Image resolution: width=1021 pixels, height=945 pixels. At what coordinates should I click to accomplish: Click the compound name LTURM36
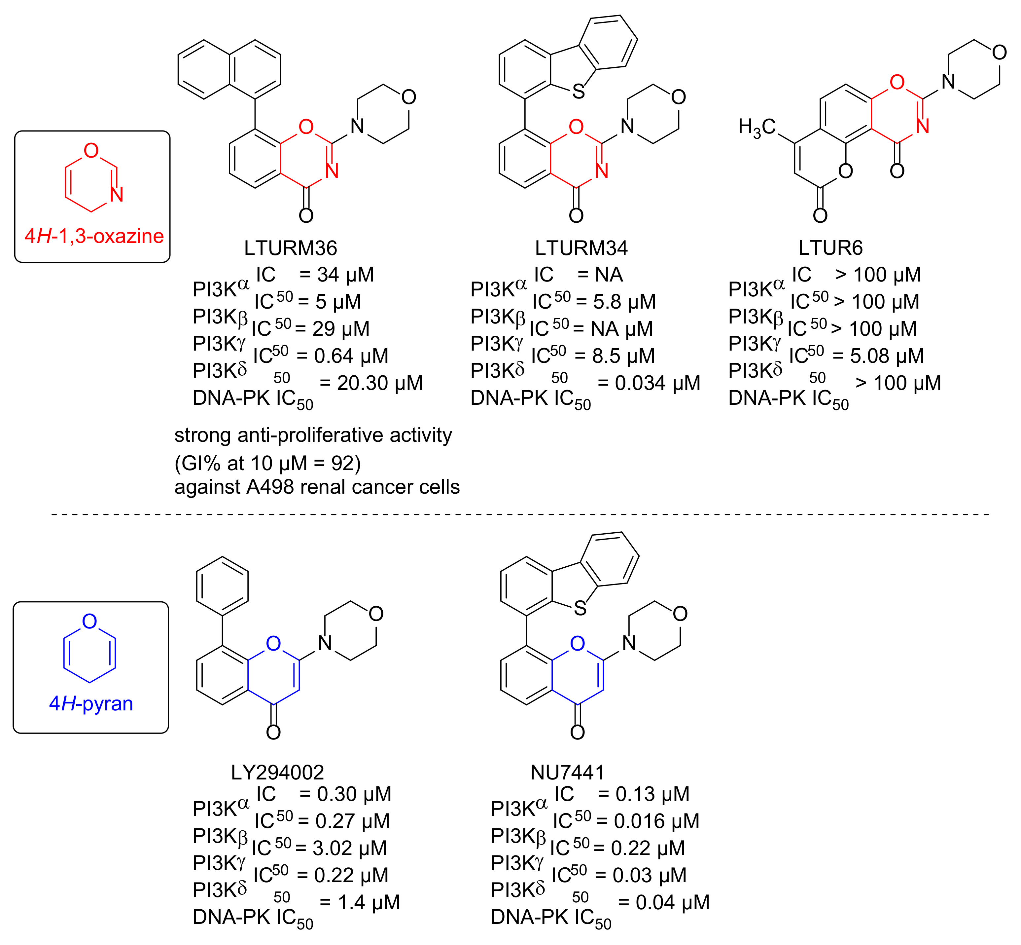coord(290,248)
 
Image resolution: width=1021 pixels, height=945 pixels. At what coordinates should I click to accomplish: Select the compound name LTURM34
coord(581,248)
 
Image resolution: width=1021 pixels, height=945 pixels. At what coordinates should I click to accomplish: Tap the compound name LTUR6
coord(830,248)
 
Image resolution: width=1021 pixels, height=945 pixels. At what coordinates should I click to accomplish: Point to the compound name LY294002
coord(277,772)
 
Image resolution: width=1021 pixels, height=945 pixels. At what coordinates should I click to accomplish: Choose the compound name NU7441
coord(568,772)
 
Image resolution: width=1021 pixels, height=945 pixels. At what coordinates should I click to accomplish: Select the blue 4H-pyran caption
coord(91,704)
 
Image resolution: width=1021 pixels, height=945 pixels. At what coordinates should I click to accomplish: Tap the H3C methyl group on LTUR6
coord(756,127)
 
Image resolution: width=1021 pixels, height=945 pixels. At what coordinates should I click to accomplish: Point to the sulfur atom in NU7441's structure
coord(580,608)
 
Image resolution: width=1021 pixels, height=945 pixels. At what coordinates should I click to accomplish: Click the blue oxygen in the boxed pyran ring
coord(89,621)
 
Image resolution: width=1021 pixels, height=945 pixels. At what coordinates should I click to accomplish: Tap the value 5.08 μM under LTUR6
coord(887,356)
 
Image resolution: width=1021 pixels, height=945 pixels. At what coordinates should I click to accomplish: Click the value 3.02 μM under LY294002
coord(350,849)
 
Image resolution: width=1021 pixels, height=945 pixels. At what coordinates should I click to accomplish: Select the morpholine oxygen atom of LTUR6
coord(999,53)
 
